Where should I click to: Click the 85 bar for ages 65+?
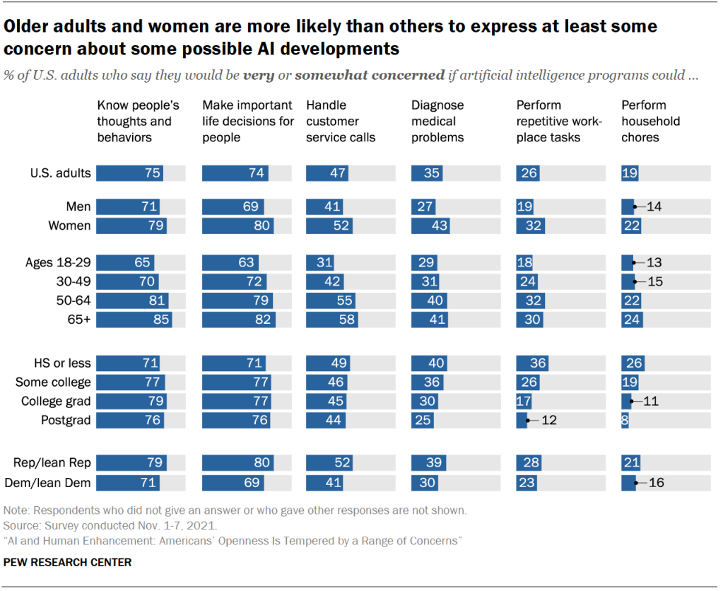[134, 320]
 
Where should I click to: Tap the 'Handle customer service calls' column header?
[340, 122]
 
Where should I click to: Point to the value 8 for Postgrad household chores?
[625, 420]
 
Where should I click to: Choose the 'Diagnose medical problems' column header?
[437, 122]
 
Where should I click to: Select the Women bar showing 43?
[433, 226]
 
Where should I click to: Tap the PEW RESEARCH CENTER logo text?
[67, 563]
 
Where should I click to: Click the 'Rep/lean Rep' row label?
[52, 464]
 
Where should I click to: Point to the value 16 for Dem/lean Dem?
[657, 483]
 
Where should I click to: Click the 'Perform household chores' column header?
[650, 122]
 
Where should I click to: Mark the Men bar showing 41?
[324, 207]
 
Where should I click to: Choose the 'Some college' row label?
[54, 382]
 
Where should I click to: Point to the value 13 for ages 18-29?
[654, 262]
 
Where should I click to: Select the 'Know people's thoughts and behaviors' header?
[138, 122]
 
